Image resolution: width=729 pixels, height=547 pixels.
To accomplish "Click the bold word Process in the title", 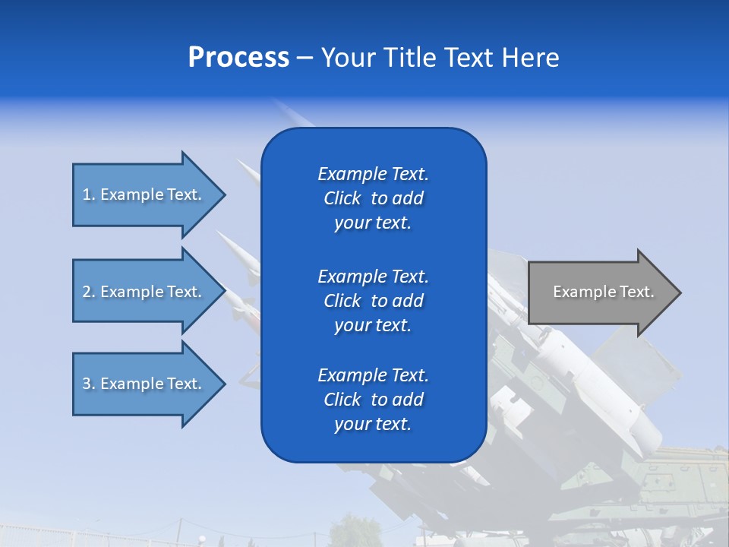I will coord(238,58).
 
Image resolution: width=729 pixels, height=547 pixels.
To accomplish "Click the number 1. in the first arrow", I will coord(89,194).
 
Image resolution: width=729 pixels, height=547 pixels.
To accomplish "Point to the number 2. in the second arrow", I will coord(89,292).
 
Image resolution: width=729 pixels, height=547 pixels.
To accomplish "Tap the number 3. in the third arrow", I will coord(89,384).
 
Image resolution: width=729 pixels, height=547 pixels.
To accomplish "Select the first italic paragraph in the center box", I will coord(373,198).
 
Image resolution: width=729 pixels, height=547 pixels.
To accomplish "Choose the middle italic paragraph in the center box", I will coord(373,300).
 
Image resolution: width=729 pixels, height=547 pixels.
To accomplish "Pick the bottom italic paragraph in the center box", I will coord(373,400).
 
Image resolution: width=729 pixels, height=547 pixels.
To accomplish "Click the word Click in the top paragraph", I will coord(342,198).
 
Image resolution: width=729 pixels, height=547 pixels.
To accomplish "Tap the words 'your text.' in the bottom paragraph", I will coord(373,424).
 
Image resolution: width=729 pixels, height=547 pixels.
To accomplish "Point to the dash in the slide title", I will coord(305,58).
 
